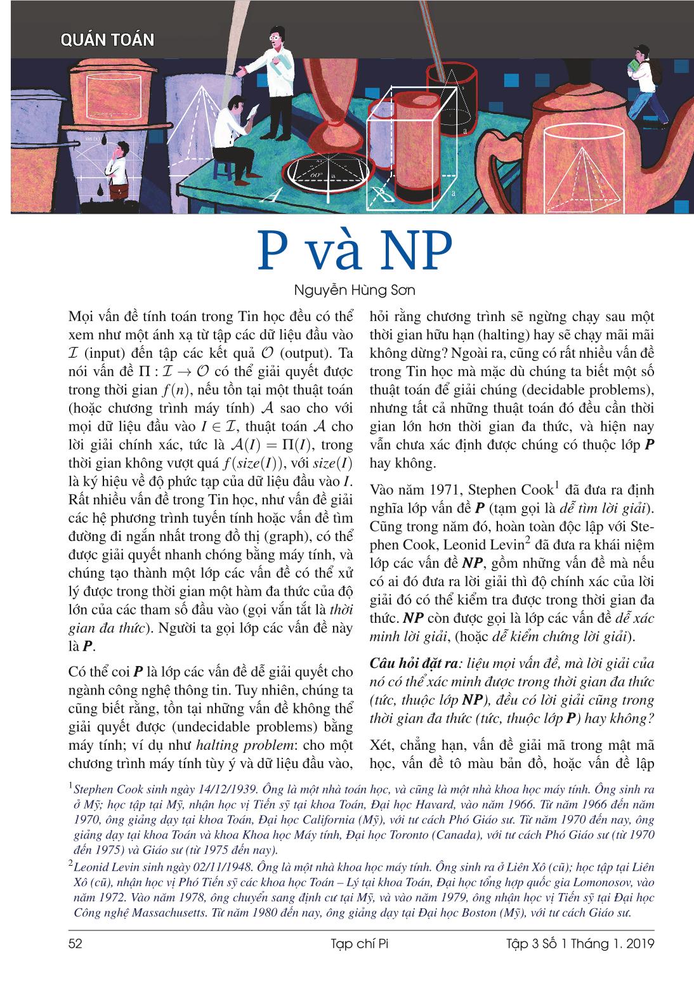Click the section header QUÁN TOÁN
click(107, 40)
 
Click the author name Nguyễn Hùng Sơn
click(346, 290)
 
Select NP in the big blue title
click(415, 251)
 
